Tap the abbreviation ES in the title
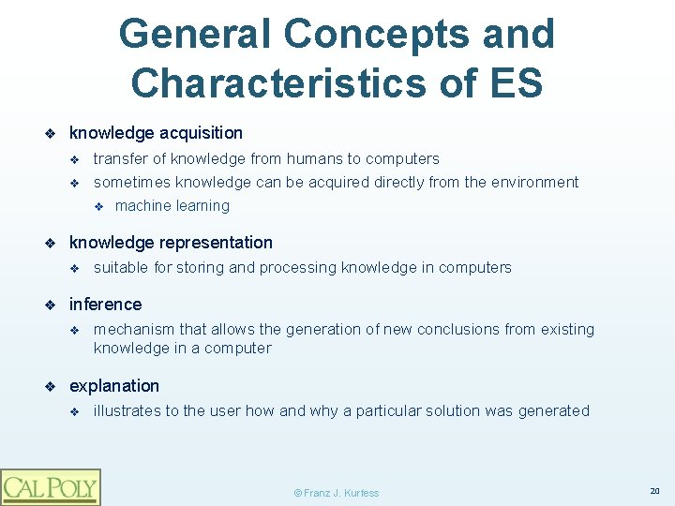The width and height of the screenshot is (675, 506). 515,82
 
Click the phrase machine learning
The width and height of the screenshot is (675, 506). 172,206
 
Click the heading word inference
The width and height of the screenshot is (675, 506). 105,305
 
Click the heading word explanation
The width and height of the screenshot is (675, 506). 114,386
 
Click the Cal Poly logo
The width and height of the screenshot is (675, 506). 50,487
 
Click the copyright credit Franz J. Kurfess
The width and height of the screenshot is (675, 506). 337,493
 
